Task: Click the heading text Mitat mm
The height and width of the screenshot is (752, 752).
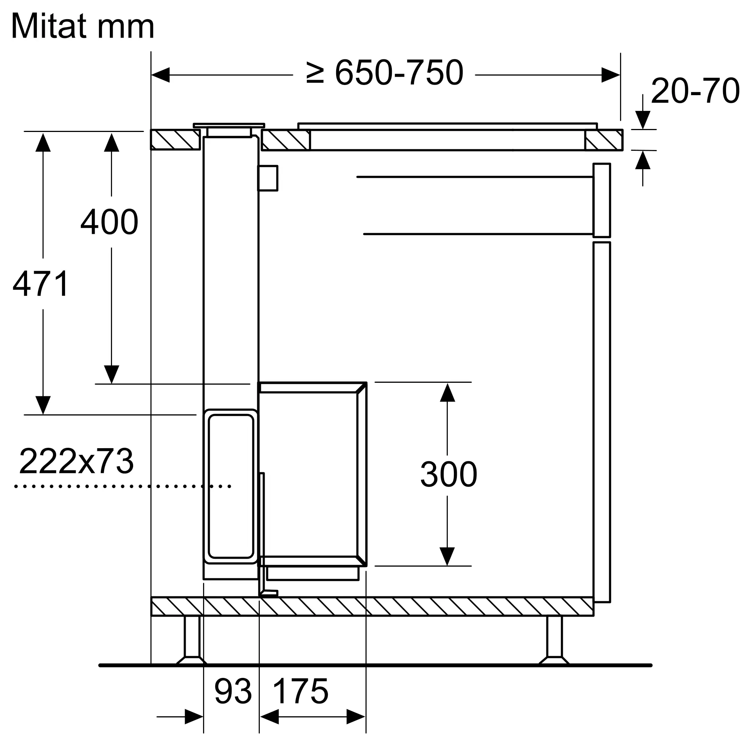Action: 82,26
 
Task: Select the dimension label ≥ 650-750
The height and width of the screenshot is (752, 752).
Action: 385,73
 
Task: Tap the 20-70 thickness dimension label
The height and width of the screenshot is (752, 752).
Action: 695,91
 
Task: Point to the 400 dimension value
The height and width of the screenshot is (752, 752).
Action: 109,222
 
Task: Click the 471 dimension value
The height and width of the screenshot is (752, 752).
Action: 41,284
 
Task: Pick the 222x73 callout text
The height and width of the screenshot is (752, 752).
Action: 76,461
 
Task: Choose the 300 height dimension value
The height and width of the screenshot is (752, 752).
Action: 449,474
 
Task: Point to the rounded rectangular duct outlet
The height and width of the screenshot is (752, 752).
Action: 231,486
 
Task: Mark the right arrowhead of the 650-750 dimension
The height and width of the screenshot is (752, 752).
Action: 610,75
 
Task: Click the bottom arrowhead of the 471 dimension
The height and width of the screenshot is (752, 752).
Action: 43,405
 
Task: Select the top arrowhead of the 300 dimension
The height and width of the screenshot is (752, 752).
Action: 447,392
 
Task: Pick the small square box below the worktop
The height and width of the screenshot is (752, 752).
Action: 268,178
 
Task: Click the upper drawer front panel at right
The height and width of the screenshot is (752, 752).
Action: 602,200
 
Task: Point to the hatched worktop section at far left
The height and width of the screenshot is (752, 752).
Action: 175,139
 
